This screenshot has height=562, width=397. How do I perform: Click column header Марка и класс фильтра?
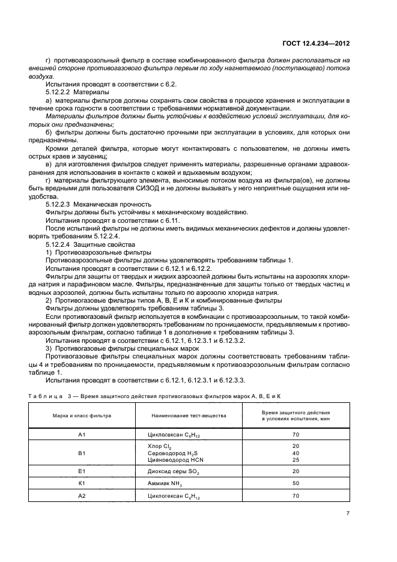tap(82, 415)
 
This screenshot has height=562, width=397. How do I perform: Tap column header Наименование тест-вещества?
tap(189, 415)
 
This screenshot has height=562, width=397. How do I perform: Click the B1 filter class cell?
tap(82, 453)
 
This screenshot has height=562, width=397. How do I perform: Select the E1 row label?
tap(82, 472)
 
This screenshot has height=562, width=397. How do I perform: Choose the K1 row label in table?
tap(82, 483)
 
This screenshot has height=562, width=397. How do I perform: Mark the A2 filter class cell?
tap(82, 496)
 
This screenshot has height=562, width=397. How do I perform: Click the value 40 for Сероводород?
tap(295, 453)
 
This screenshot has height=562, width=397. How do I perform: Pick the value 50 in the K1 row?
tap(295, 483)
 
